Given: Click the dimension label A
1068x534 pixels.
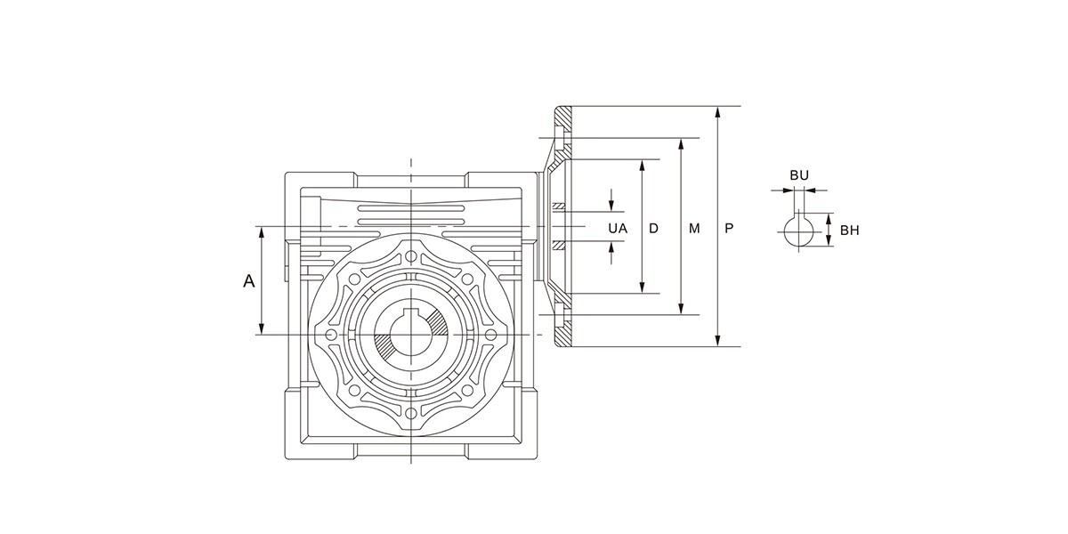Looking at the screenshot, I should coord(249,281).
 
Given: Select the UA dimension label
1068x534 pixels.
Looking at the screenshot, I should coord(618,229).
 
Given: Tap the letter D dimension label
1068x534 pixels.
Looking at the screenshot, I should coord(653,229).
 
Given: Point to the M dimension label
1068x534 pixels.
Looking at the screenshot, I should coord(694,229).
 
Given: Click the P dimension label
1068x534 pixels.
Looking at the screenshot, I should coord(729,229).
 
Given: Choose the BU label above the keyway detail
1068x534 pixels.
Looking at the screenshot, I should coord(799,175).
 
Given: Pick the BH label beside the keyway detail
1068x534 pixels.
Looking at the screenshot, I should coord(849,231).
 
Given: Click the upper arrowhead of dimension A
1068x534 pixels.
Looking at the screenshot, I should coord(262,231).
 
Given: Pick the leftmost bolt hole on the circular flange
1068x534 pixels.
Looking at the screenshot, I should coord(332,335).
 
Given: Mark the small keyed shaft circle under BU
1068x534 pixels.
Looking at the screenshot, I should coord(799,231).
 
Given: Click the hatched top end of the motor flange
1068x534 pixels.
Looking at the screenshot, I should coord(564,117).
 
